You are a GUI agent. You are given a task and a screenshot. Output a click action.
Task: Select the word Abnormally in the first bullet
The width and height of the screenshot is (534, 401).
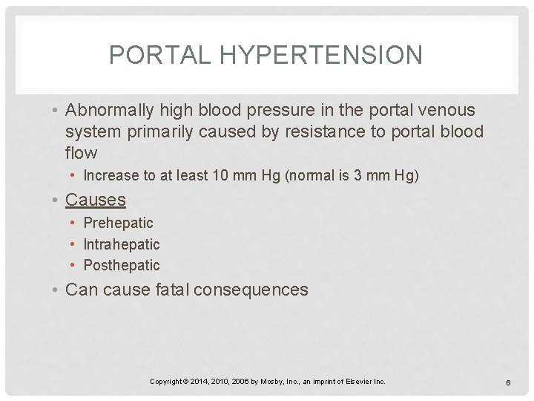coord(110,111)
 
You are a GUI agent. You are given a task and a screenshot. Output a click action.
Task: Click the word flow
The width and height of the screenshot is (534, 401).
coord(81,154)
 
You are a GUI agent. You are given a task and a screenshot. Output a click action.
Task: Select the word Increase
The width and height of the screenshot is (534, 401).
coord(111,176)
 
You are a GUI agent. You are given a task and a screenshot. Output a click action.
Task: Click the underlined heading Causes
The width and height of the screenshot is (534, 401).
coord(96,200)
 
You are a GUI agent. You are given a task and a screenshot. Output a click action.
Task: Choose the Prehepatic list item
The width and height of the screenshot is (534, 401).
coord(118,223)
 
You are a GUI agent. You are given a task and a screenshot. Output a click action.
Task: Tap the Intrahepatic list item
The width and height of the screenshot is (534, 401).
coord(122,244)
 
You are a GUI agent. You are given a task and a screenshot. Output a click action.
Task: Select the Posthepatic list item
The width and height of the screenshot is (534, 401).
coord(122,265)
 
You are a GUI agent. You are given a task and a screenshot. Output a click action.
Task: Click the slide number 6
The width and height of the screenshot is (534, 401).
coord(509,382)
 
